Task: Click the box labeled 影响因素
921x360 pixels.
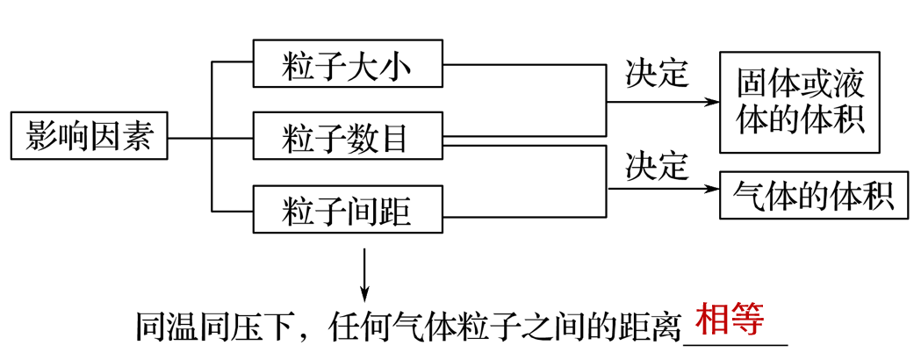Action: (x=89, y=137)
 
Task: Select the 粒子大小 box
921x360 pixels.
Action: (x=347, y=64)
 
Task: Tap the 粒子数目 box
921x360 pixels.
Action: (x=347, y=137)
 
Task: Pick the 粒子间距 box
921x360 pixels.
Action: (x=347, y=210)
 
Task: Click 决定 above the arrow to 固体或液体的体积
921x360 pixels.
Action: (x=657, y=74)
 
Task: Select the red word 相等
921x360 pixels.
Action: (x=729, y=319)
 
